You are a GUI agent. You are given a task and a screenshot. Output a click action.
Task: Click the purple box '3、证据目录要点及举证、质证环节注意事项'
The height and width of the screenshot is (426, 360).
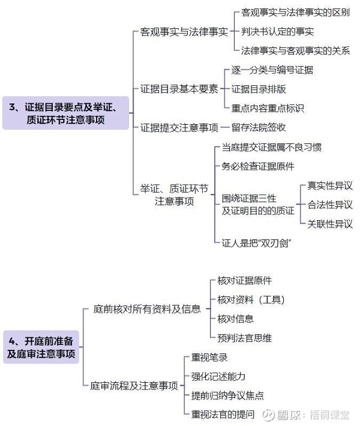pos(65,113)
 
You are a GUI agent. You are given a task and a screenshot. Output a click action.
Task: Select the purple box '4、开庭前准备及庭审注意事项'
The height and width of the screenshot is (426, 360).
pos(41,347)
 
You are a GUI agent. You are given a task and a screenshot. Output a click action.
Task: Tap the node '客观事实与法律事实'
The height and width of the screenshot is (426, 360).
pos(184,32)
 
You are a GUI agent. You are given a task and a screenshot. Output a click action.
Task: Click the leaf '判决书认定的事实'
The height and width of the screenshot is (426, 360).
pos(277,32)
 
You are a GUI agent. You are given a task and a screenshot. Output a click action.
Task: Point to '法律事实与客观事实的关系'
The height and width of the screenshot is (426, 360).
pos(295,50)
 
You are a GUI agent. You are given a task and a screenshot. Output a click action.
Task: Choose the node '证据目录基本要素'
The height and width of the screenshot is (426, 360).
pos(179,89)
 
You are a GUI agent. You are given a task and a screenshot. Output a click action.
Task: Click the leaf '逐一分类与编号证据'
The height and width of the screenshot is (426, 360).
pos(272,70)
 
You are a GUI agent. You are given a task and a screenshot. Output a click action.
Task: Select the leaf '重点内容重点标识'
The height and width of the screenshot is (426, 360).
pos(268,108)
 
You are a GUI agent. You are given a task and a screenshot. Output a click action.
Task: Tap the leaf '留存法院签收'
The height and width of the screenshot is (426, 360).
pos(259,127)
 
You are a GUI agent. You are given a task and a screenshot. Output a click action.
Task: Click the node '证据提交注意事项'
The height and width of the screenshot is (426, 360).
pos(179,127)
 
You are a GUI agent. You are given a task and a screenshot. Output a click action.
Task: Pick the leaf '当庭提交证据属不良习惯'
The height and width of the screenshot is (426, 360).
pos(272,147)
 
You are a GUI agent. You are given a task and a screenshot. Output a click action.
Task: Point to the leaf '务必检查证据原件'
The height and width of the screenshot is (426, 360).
pos(258,166)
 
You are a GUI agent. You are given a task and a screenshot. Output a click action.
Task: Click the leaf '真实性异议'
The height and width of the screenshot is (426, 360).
pos(330,185)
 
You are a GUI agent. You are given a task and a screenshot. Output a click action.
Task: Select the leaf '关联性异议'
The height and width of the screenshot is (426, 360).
pos(330,224)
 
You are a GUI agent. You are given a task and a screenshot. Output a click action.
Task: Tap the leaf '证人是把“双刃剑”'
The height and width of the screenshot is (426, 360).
pos(256,243)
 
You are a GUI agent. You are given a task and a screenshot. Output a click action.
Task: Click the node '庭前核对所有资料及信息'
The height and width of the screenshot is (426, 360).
pos(147,309)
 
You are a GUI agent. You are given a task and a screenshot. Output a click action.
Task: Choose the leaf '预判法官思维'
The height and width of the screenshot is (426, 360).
pos(245,338)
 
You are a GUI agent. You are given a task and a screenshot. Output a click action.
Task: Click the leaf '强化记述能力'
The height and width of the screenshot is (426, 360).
pos(218,376)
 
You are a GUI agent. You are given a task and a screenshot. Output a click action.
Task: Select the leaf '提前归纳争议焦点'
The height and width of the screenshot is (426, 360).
pos(227,395)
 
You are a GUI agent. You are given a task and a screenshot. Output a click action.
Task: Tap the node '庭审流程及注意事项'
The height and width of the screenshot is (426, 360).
pos(134,386)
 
